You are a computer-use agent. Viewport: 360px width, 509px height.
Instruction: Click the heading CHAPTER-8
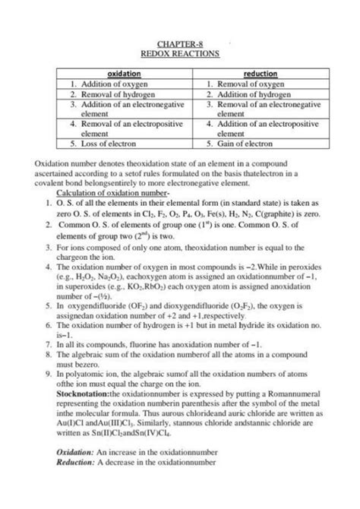179,45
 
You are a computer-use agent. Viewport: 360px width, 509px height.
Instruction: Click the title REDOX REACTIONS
179,55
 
